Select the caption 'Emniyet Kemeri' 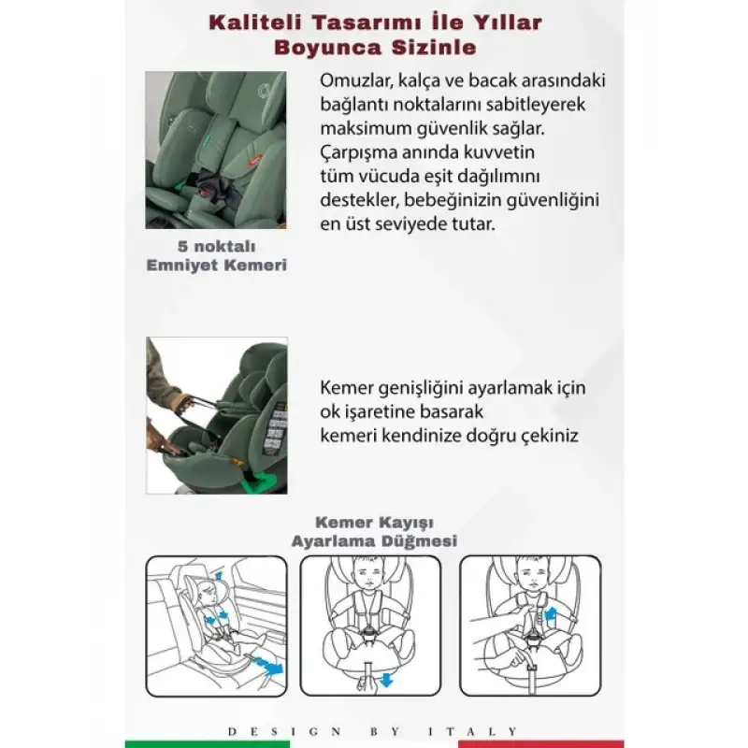click(216, 265)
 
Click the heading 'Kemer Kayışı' click(373, 522)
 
